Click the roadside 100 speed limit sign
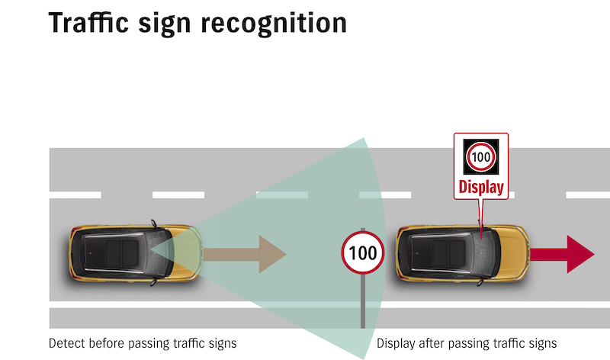pyautogui.click(x=362, y=252)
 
